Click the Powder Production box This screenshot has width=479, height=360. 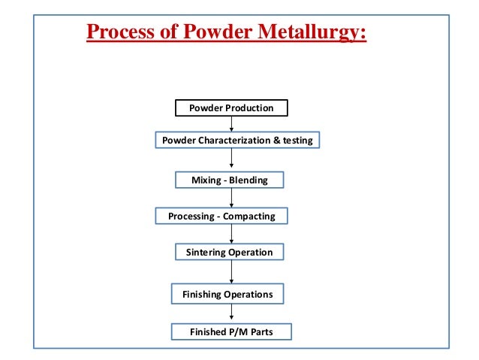231,108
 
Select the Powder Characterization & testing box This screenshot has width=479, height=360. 237,141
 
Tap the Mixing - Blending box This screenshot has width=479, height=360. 230,180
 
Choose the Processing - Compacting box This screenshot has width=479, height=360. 221,216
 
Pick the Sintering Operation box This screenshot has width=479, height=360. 229,252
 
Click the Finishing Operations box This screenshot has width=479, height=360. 227,294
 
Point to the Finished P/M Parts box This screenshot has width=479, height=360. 230,331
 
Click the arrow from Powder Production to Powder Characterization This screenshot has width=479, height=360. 231,124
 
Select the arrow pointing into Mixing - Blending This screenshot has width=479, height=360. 231,160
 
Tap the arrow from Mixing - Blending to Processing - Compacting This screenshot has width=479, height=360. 231,198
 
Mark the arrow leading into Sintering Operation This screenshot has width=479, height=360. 231,234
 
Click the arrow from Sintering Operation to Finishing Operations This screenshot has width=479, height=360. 231,272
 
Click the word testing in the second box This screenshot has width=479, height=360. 297,141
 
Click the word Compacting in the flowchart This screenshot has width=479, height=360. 250,216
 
